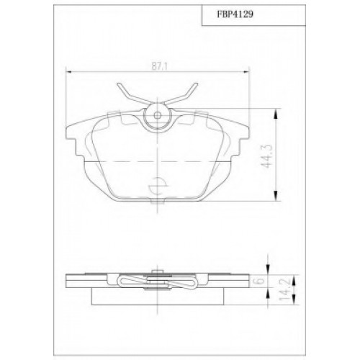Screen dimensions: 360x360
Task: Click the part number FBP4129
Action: pyautogui.click(x=235, y=14)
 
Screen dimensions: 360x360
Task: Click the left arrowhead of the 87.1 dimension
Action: pyautogui.click(x=68, y=71)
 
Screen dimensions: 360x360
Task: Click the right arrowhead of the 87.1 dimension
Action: pyautogui.click(x=247, y=71)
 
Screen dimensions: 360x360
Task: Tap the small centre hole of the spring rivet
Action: pyautogui.click(x=158, y=115)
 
